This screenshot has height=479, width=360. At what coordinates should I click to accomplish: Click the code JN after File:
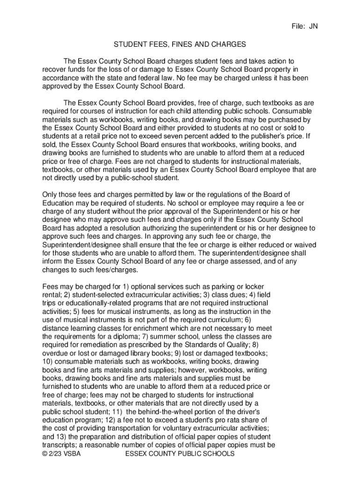(313, 26)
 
